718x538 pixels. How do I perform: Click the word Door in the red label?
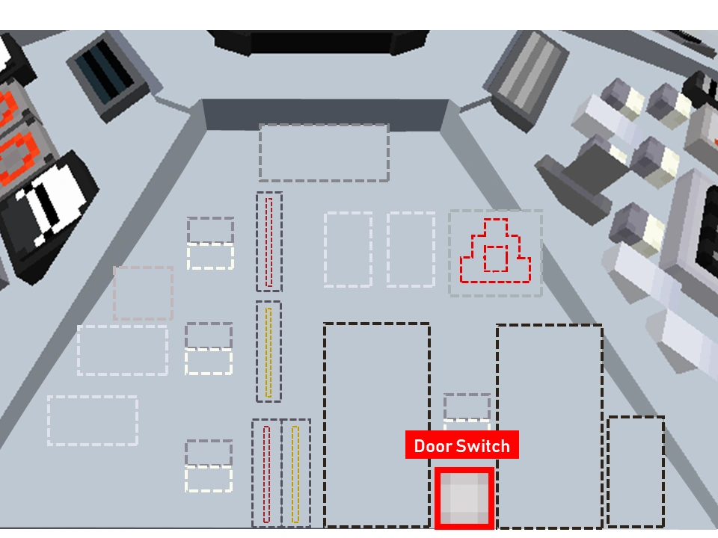pyautogui.click(x=433, y=447)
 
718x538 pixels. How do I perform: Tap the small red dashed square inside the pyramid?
pyautogui.click(x=495, y=259)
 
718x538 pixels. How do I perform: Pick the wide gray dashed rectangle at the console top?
pyautogui.click(x=324, y=152)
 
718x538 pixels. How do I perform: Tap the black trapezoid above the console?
pyautogui.click(x=318, y=40)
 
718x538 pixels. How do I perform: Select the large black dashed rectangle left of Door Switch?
pyautogui.click(x=376, y=424)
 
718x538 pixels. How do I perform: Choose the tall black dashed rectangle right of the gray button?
pyautogui.click(x=549, y=426)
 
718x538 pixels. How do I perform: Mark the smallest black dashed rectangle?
pyautogui.click(x=635, y=471)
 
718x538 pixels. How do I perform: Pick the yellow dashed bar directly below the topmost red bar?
pyautogui.click(x=269, y=351)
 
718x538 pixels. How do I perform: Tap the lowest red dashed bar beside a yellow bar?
pyautogui.click(x=266, y=474)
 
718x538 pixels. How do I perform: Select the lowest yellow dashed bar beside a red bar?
pyautogui.click(x=295, y=474)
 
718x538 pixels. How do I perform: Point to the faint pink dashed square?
pyautogui.click(x=143, y=293)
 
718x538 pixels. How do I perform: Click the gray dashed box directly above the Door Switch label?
pyautogui.click(x=467, y=407)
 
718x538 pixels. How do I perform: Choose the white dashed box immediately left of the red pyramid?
pyautogui.click(x=411, y=249)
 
